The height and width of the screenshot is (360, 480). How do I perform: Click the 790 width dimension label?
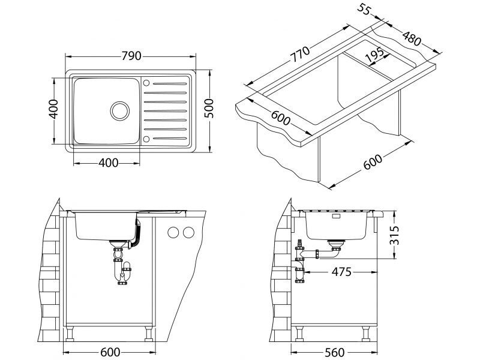coord(131,56)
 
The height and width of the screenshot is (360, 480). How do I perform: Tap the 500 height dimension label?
coord(209,109)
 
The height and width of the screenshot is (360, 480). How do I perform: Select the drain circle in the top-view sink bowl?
coord(119,110)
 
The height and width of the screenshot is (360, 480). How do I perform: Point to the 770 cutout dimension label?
coord(300,54)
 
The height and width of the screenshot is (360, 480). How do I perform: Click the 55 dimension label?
coord(364,9)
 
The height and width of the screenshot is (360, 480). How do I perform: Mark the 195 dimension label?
coord(374,55)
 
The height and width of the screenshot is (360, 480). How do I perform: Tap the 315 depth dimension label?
coord(394,235)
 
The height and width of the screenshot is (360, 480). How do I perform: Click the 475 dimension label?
coord(341,272)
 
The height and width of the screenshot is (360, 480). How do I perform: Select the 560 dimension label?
coord(335,352)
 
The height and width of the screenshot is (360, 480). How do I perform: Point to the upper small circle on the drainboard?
coord(146,83)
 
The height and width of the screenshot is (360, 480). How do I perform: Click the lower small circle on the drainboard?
coord(146,139)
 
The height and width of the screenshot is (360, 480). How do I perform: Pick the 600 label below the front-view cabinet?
coord(110,352)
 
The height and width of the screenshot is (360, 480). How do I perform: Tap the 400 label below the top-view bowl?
coord(109,163)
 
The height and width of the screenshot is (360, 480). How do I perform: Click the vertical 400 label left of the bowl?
coord(53,109)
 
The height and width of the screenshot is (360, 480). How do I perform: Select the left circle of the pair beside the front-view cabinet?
coord(173,233)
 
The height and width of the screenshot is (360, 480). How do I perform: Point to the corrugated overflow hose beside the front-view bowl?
coord(137,233)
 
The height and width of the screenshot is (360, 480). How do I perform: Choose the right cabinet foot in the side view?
coord(365,333)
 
